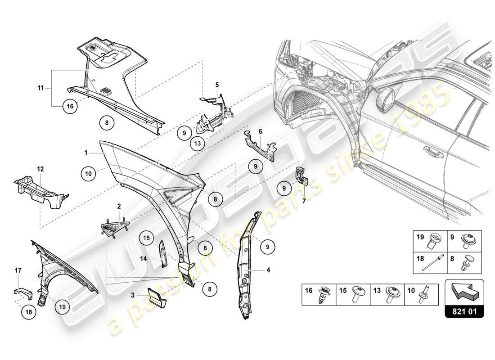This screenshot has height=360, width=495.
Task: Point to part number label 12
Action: [x=40, y=169]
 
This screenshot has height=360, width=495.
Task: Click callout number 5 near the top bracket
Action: [x=217, y=84]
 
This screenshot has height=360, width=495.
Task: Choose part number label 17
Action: [x=18, y=270]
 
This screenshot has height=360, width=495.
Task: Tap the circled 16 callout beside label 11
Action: [x=70, y=106]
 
